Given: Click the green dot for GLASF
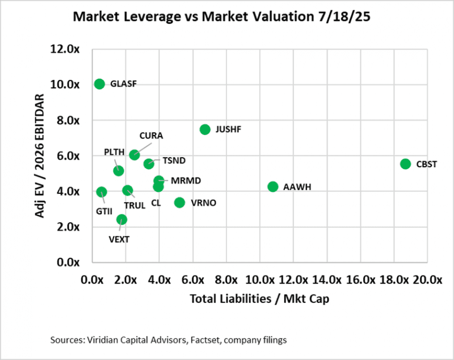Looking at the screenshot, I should [99, 84].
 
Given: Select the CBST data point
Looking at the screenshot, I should [405, 164].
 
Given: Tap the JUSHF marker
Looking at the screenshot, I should [205, 129].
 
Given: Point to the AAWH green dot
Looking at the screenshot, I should [273, 187].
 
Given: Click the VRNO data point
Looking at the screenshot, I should [179, 202].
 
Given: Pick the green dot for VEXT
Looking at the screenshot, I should [121, 219].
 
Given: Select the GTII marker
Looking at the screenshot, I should [102, 192].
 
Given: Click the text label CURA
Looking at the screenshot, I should [152, 136].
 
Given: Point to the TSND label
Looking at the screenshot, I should [174, 160].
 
